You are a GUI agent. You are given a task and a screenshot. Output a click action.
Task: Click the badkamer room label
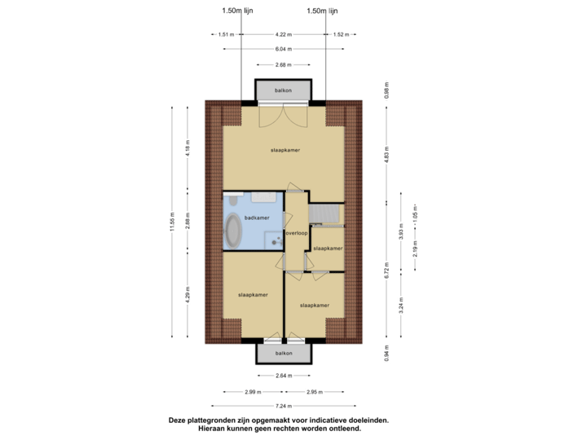256,218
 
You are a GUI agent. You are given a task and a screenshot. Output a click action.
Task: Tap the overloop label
297,232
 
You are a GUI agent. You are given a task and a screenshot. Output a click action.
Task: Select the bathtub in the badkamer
234,232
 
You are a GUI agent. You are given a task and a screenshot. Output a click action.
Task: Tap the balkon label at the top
283,90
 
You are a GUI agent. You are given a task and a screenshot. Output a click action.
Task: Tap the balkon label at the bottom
283,353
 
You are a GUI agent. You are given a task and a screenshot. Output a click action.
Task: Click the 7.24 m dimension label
283,405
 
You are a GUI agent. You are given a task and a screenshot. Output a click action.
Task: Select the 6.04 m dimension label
283,48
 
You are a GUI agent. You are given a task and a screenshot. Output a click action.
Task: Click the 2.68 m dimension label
283,64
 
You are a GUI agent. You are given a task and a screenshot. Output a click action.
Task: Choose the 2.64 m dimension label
283,376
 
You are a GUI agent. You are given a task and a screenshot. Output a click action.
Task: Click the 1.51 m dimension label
226,34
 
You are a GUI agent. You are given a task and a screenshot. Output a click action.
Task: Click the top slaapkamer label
283,151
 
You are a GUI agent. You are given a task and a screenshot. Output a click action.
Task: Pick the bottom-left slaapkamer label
253,293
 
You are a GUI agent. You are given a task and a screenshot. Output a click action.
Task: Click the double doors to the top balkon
283,117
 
